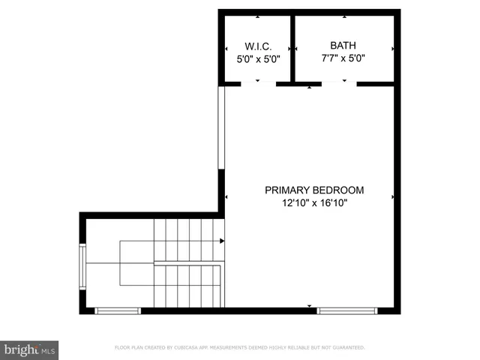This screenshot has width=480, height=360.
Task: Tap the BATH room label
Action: [344, 44]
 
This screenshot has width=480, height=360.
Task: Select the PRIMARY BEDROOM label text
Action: [314, 190]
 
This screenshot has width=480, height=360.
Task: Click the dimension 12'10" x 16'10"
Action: [314, 202]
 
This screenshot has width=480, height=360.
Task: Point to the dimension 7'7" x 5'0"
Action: [343, 58]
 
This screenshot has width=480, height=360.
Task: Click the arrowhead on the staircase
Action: [221, 241]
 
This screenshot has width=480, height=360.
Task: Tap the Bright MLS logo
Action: [29, 349]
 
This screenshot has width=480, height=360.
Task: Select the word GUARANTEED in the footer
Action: [346, 348]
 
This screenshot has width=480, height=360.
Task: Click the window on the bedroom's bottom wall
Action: [346, 310]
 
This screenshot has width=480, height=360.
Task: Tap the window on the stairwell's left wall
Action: [82, 263]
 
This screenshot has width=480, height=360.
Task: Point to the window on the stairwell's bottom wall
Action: [118, 310]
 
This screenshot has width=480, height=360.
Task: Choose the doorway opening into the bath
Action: [339, 84]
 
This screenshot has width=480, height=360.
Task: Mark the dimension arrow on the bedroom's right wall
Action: [393, 196]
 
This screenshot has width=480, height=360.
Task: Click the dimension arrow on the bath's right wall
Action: [393, 47]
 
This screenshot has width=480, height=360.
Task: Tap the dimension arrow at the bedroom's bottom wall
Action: [310, 306]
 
